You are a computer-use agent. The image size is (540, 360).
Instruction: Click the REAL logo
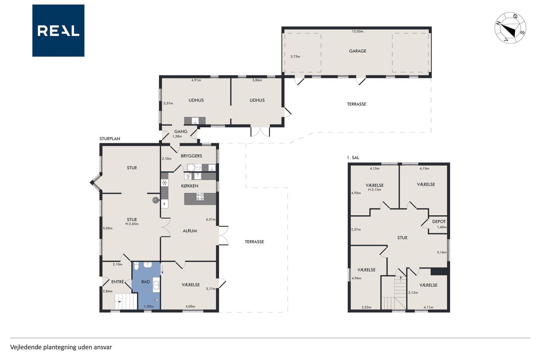[58, 31]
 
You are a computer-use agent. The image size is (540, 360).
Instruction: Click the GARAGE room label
[357, 51]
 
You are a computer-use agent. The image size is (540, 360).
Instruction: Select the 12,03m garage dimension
[357, 31]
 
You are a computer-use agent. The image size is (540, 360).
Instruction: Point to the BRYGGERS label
[192, 156]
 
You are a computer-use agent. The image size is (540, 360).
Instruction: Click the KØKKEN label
[190, 186]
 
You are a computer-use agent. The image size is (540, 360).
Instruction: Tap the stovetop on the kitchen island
[200, 197]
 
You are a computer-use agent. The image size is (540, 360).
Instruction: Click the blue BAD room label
[146, 282]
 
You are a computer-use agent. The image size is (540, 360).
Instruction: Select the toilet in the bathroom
[136, 266]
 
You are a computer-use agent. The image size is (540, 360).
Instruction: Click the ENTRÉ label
[118, 282]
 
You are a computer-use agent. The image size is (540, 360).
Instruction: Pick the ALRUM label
[190, 231]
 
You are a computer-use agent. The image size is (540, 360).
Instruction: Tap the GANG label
[181, 131]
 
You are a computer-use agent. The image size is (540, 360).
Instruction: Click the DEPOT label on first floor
[439, 221]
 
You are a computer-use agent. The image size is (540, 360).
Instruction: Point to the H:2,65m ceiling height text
[132, 224]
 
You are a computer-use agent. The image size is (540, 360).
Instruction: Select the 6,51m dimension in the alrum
[211, 219]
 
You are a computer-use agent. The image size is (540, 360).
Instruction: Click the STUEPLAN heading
[110, 139]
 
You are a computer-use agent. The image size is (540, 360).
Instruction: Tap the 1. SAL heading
[353, 158]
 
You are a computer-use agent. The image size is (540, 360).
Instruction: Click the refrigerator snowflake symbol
[165, 183]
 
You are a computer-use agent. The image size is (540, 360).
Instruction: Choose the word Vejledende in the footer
[26, 347]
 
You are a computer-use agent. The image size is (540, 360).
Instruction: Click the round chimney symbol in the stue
[156, 200]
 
